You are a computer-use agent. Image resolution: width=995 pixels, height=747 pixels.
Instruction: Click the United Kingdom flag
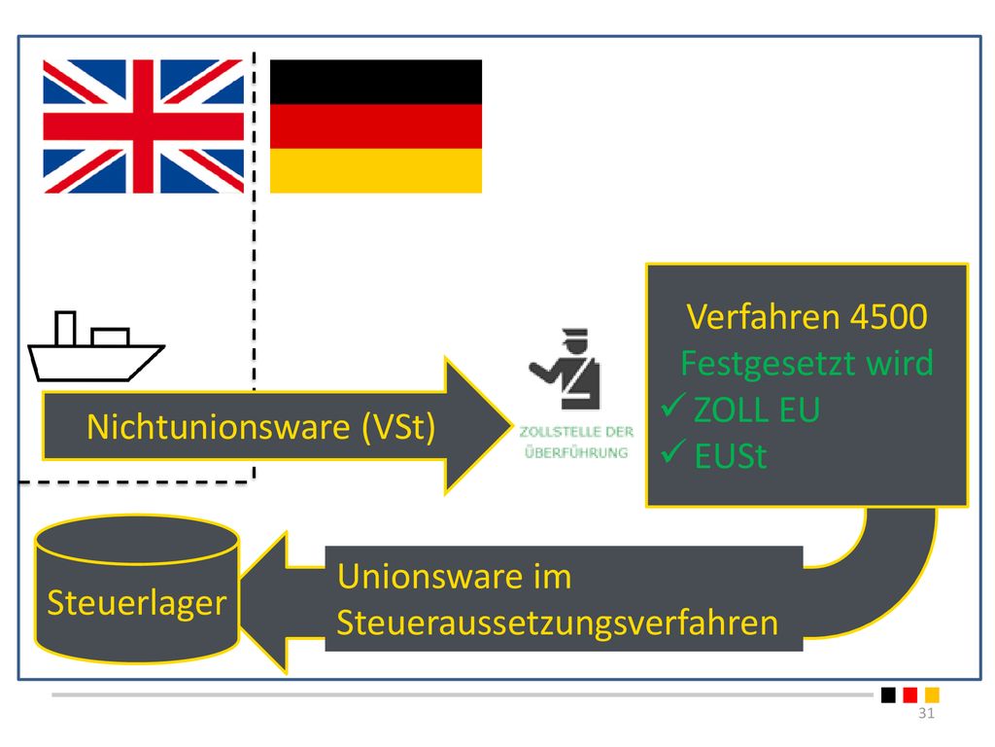pyautogui.click(x=144, y=126)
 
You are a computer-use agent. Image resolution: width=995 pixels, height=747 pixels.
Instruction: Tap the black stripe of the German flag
pyautogui.click(x=376, y=82)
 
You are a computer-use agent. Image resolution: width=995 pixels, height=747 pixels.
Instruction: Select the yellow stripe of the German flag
pyautogui.click(x=376, y=171)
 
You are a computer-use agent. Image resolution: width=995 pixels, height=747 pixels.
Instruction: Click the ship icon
pyautogui.click(x=96, y=346)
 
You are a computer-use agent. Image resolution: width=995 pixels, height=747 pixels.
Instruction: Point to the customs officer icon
pyautogui.click(x=565, y=369)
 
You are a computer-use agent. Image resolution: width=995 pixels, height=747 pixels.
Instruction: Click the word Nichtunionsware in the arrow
pyautogui.click(x=219, y=426)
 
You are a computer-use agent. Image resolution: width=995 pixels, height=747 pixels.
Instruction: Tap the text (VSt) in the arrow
pyautogui.click(x=398, y=426)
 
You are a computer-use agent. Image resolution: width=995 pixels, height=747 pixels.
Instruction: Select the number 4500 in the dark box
pyautogui.click(x=888, y=316)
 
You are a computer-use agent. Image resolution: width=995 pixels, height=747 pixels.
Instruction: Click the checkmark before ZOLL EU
pyautogui.click(x=672, y=405)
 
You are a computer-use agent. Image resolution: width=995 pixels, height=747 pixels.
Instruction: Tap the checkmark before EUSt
pyautogui.click(x=672, y=451)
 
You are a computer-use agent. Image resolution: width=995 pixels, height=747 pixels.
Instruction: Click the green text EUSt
pyautogui.click(x=731, y=456)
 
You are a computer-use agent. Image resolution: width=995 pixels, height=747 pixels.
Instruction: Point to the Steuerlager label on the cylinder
pyautogui.click(x=136, y=603)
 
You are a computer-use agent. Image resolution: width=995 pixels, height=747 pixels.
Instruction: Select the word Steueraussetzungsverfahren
pyautogui.click(x=557, y=622)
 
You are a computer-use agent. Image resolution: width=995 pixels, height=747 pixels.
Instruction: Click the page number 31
pyautogui.click(x=926, y=713)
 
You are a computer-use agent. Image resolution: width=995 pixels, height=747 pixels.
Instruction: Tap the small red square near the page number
pyautogui.click(x=909, y=694)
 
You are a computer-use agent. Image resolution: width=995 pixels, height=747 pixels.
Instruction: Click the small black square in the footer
pyautogui.click(x=888, y=694)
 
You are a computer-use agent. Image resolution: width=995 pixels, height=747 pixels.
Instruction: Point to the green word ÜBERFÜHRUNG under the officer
pyautogui.click(x=576, y=452)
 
